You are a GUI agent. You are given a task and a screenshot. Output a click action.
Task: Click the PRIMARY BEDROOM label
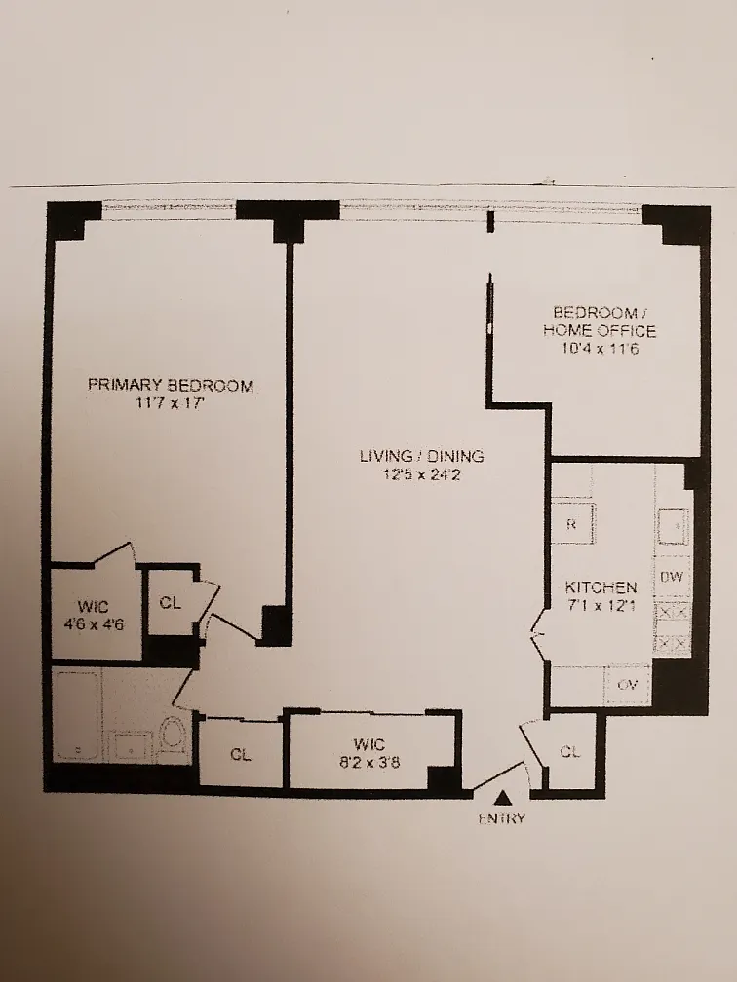pos(171,385)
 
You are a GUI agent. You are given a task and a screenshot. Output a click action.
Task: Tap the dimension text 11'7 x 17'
pos(171,403)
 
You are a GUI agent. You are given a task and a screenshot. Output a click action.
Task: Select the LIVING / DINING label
pos(422,456)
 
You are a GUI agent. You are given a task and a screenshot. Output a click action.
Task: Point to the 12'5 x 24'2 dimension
pos(422,474)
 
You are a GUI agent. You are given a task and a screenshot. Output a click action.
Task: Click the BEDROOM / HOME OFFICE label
pos(600,321)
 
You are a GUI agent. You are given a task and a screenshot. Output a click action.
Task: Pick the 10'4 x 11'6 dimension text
pos(600,348)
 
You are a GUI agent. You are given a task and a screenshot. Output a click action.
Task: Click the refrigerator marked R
pos(572,523)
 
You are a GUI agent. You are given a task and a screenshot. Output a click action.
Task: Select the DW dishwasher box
pos(672,577)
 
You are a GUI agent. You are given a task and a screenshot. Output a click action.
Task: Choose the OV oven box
pos(628,685)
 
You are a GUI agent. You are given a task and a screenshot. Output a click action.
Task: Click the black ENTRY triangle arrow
pos(501,798)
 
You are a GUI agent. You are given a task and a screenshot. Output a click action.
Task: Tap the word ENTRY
pos(501,818)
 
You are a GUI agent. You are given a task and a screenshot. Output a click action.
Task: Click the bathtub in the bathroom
pos(76,715)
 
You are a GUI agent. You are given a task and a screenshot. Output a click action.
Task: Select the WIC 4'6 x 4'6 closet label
pos(93,615)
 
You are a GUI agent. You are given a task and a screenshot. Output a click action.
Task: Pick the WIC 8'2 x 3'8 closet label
pos(368,753)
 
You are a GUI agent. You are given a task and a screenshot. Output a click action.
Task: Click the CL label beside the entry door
pos(569,751)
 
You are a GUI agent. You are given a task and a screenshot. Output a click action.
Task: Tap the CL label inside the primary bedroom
pos(170,602)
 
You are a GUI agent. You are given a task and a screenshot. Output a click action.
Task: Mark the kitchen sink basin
pos(673,527)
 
